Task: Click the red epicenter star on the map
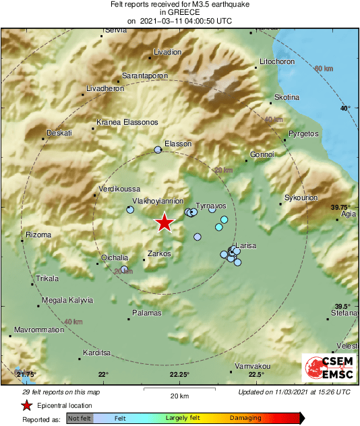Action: [x=164, y=222]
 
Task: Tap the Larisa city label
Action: [x=245, y=246]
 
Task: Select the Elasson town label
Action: [x=179, y=144]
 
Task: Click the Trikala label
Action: [x=47, y=278]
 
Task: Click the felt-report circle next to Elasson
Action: [x=158, y=150]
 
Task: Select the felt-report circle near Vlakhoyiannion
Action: [x=130, y=210]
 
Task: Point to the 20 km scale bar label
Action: [x=179, y=394]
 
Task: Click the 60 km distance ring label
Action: [x=324, y=69]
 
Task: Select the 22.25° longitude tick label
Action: [x=179, y=375]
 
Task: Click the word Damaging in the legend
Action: [x=245, y=419]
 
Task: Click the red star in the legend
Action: [x=26, y=406]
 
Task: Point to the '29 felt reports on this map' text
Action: [x=60, y=392]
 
